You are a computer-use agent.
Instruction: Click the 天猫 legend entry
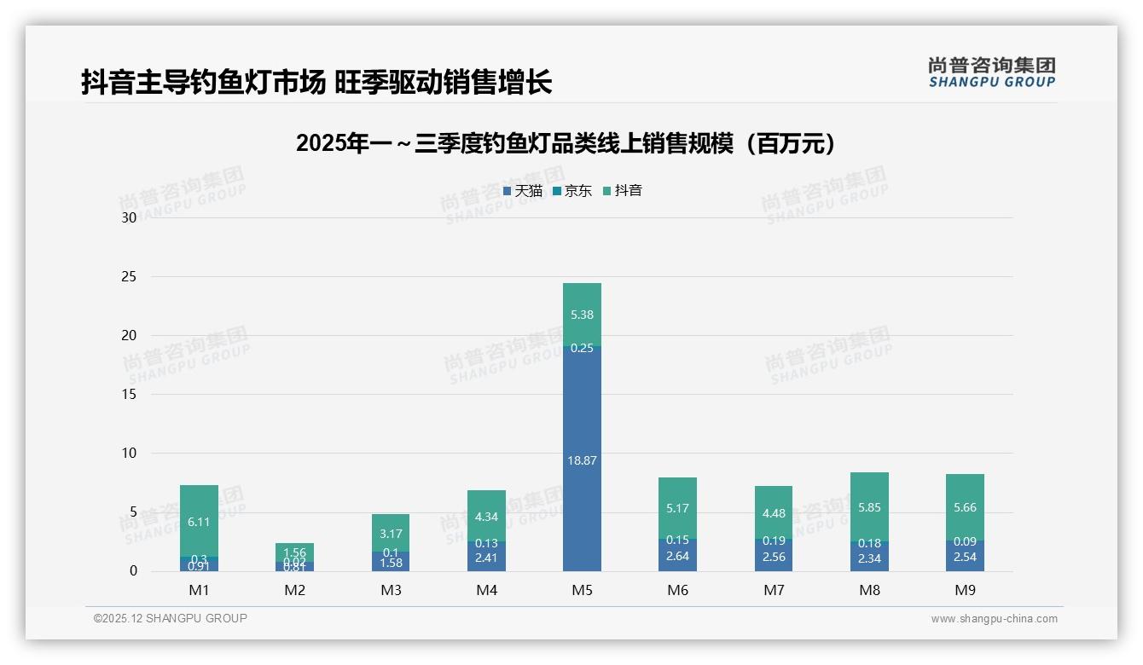click(523, 191)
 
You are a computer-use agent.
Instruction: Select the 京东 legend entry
click(572, 191)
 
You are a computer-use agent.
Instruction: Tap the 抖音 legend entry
click(623, 191)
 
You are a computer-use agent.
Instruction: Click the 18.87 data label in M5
click(582, 460)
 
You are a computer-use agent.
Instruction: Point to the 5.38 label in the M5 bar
click(582, 315)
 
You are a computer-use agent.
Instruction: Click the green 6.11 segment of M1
click(199, 521)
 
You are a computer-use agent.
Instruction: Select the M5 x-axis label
click(582, 590)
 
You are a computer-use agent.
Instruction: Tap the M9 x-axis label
click(965, 590)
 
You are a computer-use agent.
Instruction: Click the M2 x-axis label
click(295, 590)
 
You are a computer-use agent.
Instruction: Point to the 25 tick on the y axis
click(129, 276)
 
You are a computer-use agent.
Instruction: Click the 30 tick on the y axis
click(129, 217)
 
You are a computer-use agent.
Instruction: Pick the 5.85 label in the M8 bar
click(869, 507)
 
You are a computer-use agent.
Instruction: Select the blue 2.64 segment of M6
click(677, 556)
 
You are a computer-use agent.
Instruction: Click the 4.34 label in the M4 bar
click(486, 517)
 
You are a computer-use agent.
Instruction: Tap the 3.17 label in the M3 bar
click(391, 534)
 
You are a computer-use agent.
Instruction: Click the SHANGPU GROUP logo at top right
click(991, 72)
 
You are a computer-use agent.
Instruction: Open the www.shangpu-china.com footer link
click(994, 619)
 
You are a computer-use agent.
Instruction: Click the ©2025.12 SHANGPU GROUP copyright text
click(171, 619)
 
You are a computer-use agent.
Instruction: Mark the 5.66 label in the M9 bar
click(965, 507)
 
